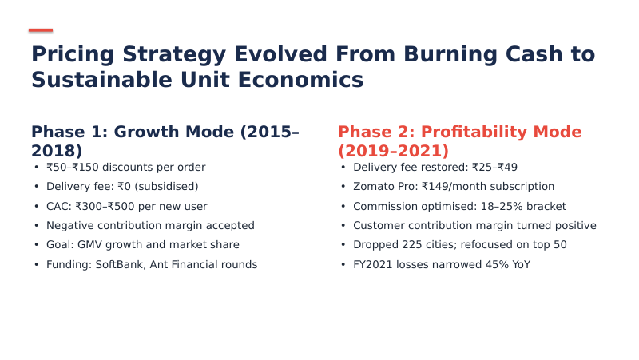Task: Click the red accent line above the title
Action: click(x=41, y=30)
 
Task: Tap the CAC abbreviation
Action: click(x=58, y=206)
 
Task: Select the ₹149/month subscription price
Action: click(x=454, y=187)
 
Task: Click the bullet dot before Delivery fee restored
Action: click(x=343, y=168)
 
